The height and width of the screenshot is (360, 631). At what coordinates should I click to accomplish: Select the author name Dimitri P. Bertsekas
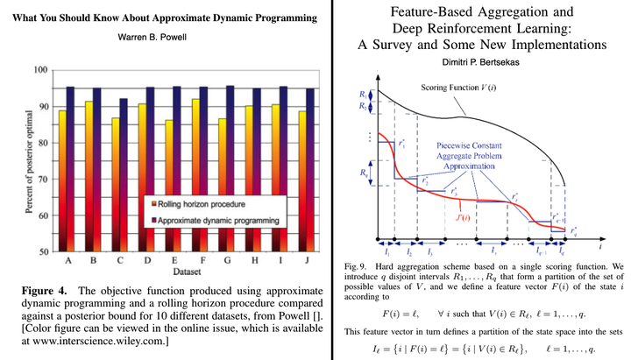click(479, 63)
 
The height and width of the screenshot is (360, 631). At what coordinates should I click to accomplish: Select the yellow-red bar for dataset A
click(61, 180)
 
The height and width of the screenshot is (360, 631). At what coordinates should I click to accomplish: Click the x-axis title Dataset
click(186, 272)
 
